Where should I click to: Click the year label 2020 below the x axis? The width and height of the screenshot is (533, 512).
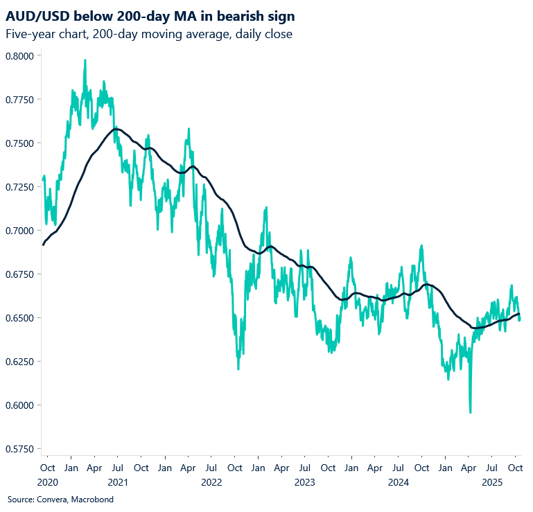pyautogui.click(x=48, y=482)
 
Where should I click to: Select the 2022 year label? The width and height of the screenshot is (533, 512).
pyautogui.click(x=211, y=482)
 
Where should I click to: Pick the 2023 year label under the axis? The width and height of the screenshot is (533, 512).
pyautogui.click(x=305, y=482)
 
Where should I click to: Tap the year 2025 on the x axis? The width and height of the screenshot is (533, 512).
pyautogui.click(x=492, y=482)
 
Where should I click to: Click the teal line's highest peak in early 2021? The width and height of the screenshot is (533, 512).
pyautogui.click(x=85, y=60)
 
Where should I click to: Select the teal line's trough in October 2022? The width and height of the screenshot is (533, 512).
pyautogui.click(x=238, y=369)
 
